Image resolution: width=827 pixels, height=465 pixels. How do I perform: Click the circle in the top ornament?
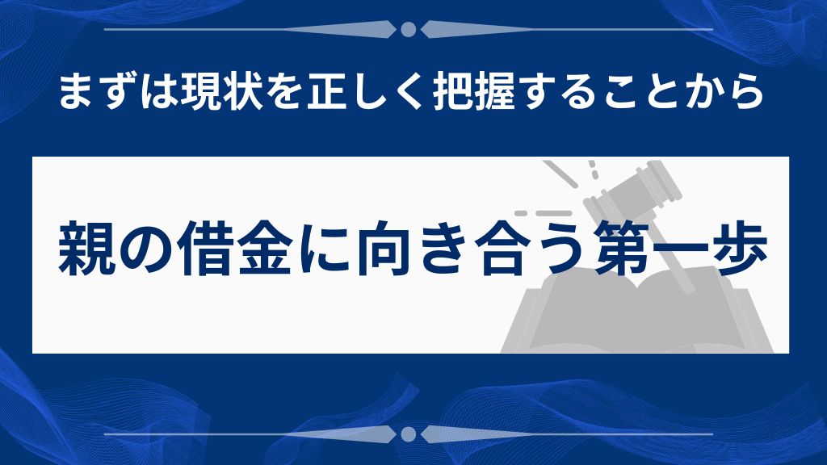point(408,30)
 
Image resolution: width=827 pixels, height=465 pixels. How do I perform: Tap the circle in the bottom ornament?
point(408,434)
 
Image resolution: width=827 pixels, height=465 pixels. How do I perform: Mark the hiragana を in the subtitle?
point(287,93)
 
